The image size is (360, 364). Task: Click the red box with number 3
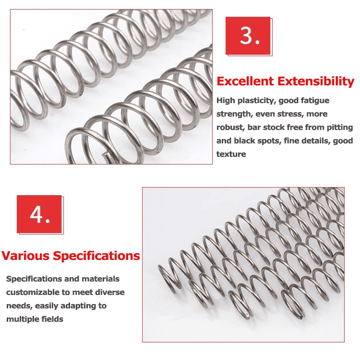248,36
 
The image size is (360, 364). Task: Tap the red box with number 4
39,214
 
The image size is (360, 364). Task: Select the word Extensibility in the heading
317,81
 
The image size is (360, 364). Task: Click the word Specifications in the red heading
96,256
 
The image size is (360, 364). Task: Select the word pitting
340,128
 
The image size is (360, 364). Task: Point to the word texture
231,154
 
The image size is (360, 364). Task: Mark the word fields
51,319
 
